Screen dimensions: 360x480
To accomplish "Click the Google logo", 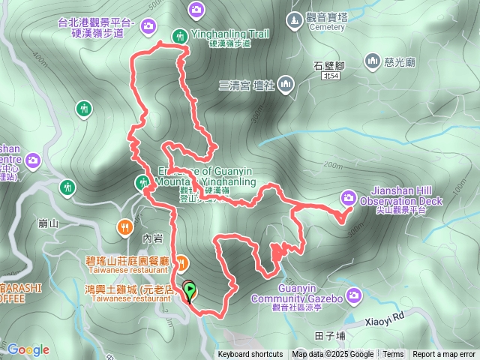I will (28, 349).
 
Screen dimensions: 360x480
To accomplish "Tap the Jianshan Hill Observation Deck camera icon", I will (349, 197).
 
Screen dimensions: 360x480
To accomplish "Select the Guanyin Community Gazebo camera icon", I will (354, 294).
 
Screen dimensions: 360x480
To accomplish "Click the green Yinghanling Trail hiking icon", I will (180, 35).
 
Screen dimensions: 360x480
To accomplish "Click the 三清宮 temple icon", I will (286, 84).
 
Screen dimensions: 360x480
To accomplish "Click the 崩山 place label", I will (47, 223).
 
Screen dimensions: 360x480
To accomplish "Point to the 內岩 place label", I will (152, 238).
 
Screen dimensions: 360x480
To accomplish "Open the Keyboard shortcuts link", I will (250, 355).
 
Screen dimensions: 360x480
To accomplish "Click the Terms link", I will (393, 355).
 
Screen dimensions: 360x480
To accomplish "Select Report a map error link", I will (445, 355).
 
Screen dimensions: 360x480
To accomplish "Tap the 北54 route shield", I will (331, 76).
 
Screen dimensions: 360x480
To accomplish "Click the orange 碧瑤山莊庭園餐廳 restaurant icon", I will (182, 262).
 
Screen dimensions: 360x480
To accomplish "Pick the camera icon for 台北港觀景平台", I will (148, 26).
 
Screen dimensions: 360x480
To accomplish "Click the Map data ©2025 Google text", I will (333, 355).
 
